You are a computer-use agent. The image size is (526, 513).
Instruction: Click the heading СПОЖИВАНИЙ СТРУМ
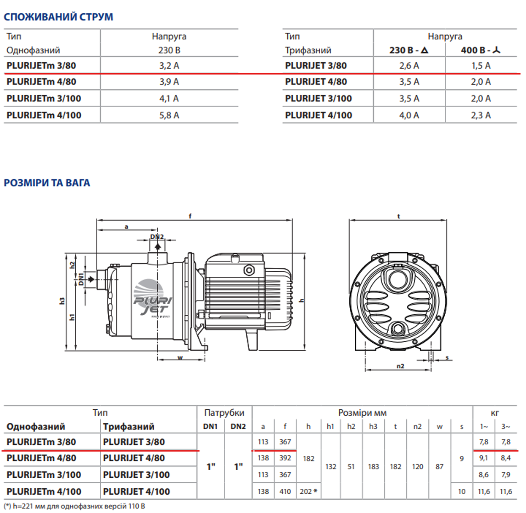tap(58, 17)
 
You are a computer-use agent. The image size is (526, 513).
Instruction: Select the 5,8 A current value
tap(169, 116)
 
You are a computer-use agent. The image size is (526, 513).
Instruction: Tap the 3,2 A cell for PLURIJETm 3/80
tap(169, 66)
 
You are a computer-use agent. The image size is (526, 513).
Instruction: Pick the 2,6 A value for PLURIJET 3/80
tap(409, 66)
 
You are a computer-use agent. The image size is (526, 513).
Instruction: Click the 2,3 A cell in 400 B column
tap(481, 116)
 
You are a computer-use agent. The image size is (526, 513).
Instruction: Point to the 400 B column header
tap(481, 50)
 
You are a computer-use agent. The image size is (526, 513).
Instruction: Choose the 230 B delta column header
tap(409, 50)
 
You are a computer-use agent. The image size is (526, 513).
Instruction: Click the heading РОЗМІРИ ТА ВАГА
tap(47, 183)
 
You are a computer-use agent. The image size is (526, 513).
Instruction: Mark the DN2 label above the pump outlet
tap(157, 237)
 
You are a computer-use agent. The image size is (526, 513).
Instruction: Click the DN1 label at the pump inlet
tap(81, 279)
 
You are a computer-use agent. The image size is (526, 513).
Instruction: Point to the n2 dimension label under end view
tap(400, 366)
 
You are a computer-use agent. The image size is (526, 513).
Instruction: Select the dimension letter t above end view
tap(398, 217)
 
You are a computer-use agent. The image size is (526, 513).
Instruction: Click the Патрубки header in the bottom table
tap(224, 413)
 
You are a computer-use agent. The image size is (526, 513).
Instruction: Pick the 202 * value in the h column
tap(308, 492)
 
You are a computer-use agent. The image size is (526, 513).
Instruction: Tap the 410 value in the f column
tap(285, 492)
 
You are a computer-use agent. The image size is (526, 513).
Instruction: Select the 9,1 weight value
tap(484, 458)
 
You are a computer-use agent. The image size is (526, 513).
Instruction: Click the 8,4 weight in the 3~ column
tap(505, 458)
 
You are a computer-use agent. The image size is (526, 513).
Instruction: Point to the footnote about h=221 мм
tap(74, 506)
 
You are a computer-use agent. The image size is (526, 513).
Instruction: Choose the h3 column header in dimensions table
tap(373, 427)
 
